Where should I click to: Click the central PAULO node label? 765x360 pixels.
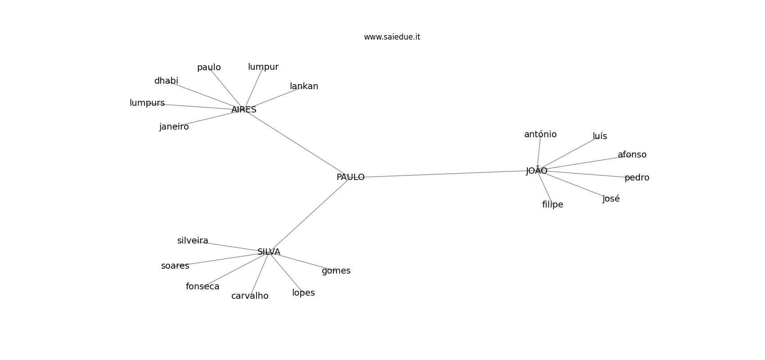click(x=351, y=177)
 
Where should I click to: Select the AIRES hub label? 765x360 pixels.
click(x=244, y=110)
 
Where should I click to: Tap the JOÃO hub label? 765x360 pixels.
click(x=536, y=170)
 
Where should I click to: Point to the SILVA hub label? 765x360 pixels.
click(x=269, y=252)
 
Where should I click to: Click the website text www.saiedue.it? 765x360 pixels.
click(x=392, y=37)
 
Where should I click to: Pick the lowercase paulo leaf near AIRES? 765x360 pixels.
click(x=209, y=67)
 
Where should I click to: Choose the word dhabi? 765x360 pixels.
click(x=166, y=81)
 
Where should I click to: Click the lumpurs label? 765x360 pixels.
click(x=147, y=103)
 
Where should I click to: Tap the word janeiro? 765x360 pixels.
click(x=174, y=127)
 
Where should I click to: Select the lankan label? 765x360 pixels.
click(x=304, y=86)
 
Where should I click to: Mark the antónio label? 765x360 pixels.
click(x=540, y=134)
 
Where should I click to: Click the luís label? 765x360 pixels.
click(x=600, y=136)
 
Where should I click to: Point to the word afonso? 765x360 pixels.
click(x=632, y=155)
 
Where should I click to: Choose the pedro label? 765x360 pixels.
click(x=637, y=178)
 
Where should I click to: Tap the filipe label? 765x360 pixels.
click(x=553, y=205)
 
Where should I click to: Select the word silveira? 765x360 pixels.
click(x=193, y=241)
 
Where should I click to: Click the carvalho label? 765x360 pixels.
click(x=250, y=296)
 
